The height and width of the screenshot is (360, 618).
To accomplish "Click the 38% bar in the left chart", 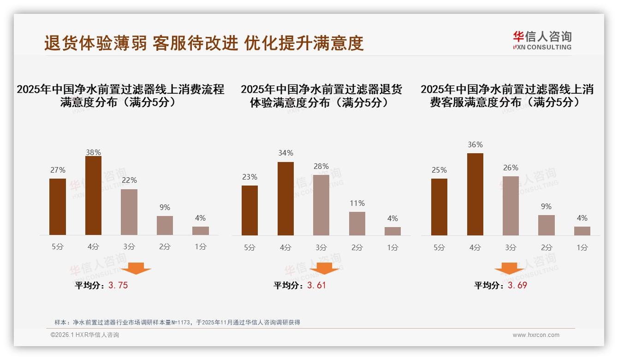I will click(93, 196).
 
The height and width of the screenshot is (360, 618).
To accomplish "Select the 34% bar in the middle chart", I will click(285, 198).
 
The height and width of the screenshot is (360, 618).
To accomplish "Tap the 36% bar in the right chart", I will click(475, 194).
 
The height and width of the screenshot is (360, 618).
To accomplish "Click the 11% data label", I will click(357, 203).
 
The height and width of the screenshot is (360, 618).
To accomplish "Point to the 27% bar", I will click(58, 207).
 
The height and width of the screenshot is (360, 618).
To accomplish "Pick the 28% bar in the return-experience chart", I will click(321, 205).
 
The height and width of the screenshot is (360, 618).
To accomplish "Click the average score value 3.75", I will click(118, 285).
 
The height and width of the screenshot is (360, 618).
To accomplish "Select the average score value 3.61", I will click(316, 285).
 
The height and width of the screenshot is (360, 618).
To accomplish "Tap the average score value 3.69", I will click(517, 285).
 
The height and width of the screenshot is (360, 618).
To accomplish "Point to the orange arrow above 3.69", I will click(509, 268).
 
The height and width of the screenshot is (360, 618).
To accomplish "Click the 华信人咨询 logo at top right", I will click(542, 40).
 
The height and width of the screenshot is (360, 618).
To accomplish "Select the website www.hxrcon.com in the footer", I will click(536, 335).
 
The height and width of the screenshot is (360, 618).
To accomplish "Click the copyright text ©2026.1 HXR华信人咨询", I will click(85, 335).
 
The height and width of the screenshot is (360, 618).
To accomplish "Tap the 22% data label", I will click(129, 180).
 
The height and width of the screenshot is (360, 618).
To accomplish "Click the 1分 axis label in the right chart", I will click(582, 247).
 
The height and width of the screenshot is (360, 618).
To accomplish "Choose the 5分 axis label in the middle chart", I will click(250, 247).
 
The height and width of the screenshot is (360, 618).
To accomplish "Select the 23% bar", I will click(250, 210).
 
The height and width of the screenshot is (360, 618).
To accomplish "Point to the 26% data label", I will click(511, 168).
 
